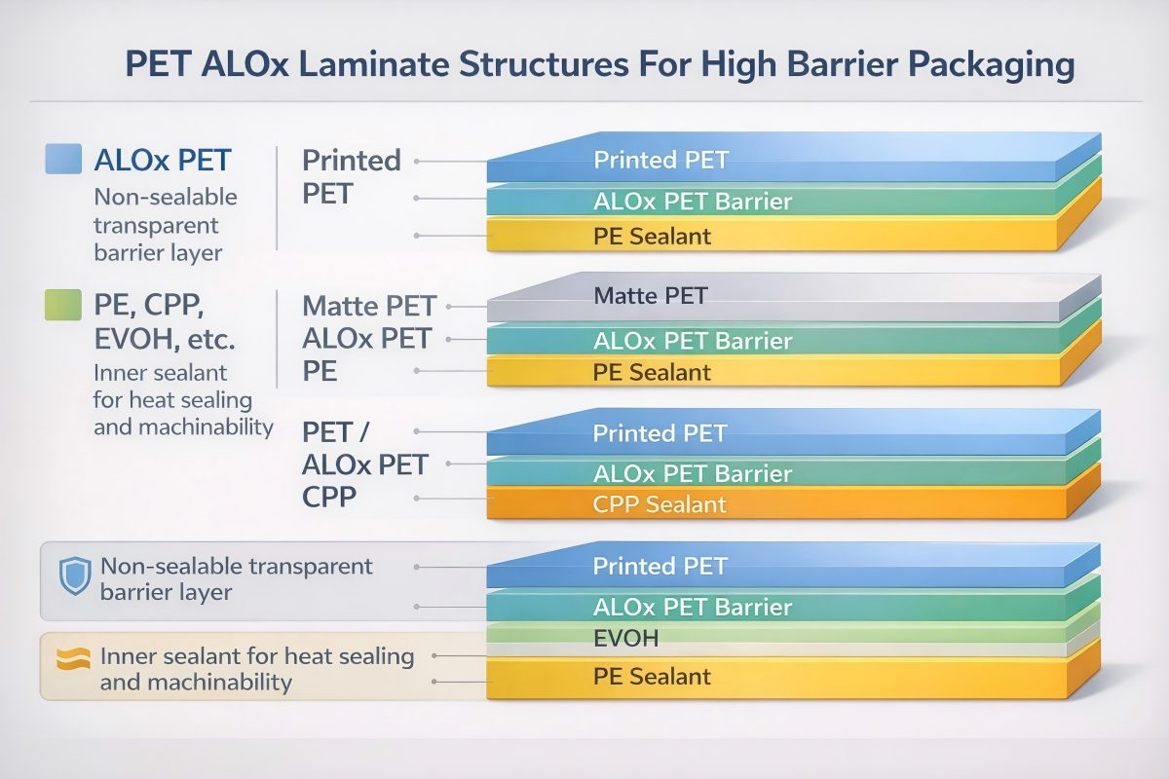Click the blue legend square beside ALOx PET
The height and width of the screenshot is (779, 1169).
(x=63, y=159)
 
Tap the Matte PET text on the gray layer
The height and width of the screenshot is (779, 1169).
(x=651, y=295)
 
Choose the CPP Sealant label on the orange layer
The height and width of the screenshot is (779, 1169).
(x=660, y=504)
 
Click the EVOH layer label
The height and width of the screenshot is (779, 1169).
(x=626, y=639)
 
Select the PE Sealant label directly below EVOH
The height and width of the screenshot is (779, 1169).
(x=652, y=676)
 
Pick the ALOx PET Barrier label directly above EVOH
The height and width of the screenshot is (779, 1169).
(x=692, y=608)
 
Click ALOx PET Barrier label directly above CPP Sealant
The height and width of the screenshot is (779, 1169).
(x=692, y=474)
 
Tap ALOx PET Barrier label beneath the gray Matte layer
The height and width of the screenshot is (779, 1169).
(x=692, y=342)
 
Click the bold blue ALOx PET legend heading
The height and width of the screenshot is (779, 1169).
(x=163, y=160)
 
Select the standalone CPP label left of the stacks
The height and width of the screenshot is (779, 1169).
(x=329, y=497)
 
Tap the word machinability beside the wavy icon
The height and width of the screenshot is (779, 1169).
(x=196, y=682)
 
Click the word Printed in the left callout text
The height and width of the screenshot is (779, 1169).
(x=352, y=160)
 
